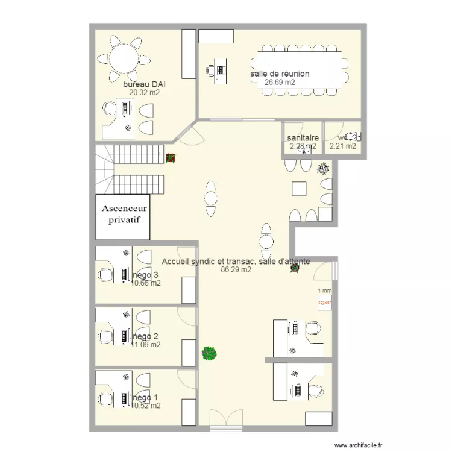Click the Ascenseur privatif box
pyautogui.click(x=124, y=215)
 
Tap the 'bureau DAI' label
pyautogui.click(x=144, y=84)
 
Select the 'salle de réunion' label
pyautogui.click(x=280, y=74)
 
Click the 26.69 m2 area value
pyautogui.click(x=280, y=83)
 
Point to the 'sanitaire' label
pyautogui.click(x=303, y=138)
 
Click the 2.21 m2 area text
pyautogui.click(x=343, y=146)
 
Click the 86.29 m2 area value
pyautogui.click(x=236, y=270)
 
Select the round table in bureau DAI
pyautogui.click(x=124, y=59)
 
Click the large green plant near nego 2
pyautogui.click(x=209, y=353)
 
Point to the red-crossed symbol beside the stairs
pyautogui.click(x=171, y=159)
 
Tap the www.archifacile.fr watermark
pyautogui.click(x=357, y=445)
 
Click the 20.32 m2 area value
pyautogui.click(x=144, y=93)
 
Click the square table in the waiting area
pyautogui.click(x=300, y=189)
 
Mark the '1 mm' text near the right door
pyautogui.click(x=324, y=290)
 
